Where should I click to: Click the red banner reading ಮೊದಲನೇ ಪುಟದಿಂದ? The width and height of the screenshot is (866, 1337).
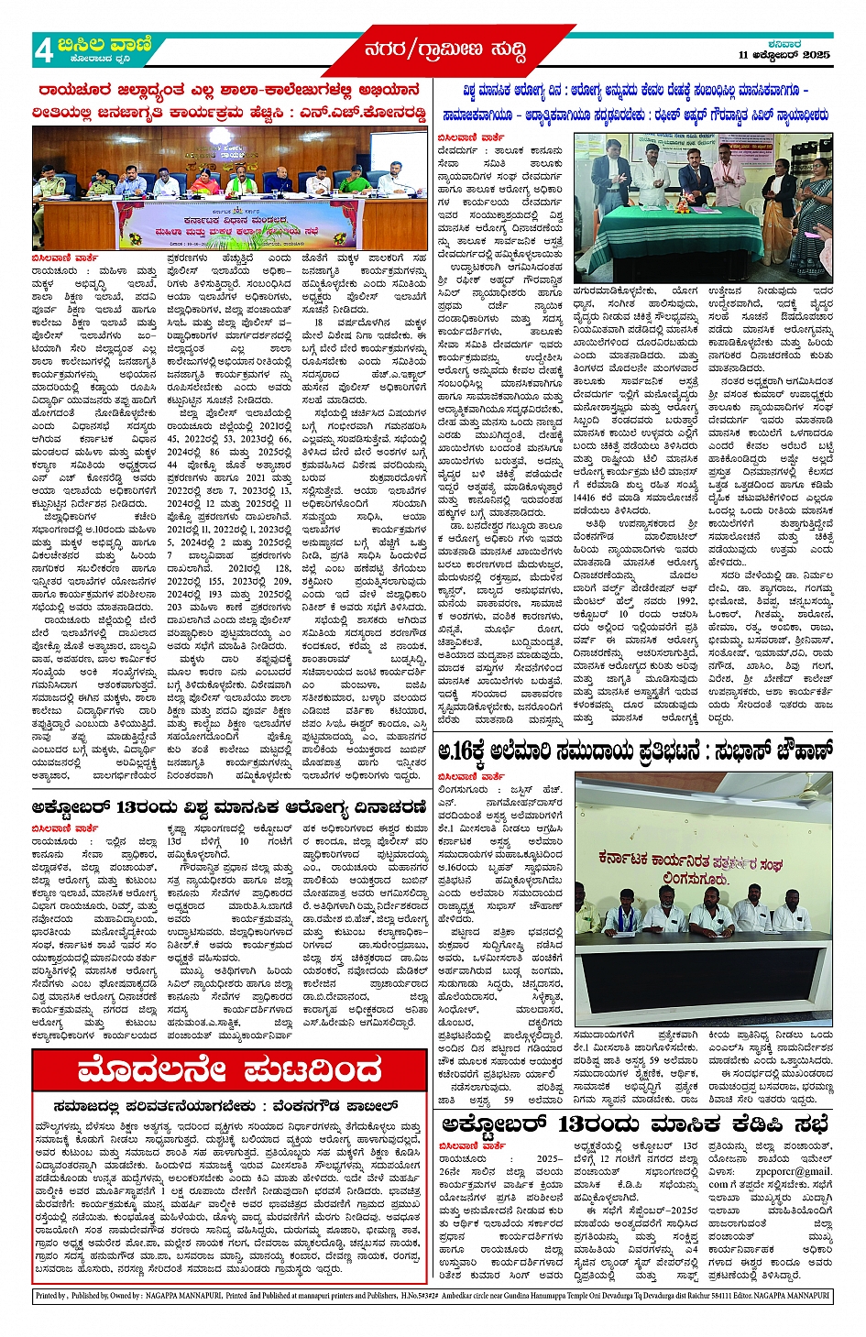pos(228,1069)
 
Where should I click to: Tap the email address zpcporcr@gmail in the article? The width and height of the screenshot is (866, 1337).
pos(795,1170)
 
